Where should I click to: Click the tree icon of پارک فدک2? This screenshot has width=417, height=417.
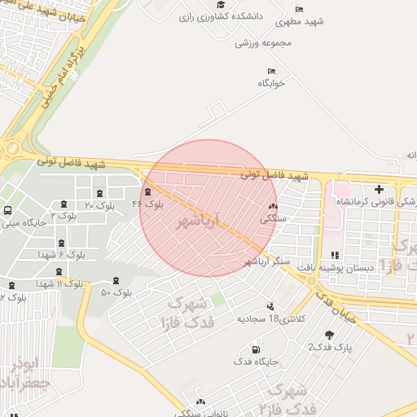[x=329, y=335]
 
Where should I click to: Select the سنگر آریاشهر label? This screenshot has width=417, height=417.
[x=265, y=261]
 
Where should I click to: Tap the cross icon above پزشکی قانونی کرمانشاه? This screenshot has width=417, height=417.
[x=379, y=190]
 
